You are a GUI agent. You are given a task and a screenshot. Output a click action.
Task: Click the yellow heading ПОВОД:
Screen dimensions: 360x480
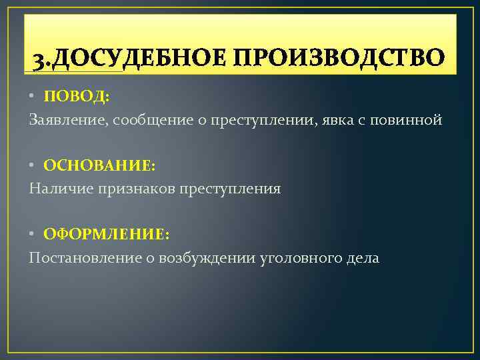(77, 97)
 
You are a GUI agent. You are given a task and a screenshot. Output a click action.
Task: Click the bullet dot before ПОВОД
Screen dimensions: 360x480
(33, 97)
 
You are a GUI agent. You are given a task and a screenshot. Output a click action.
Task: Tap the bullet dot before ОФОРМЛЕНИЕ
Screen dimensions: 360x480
(33, 234)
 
